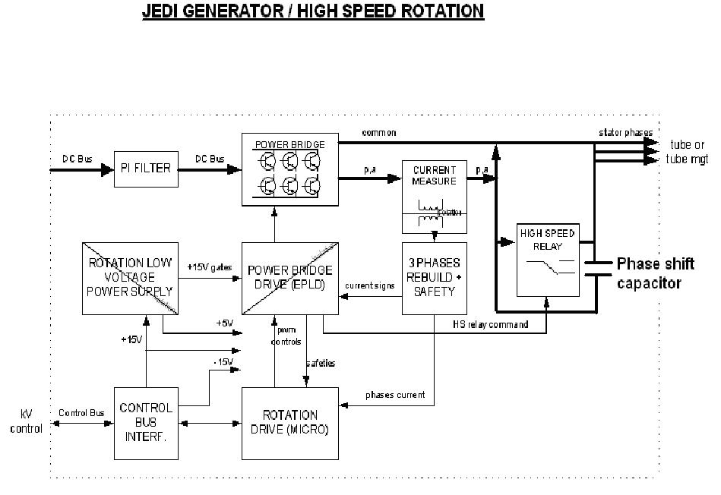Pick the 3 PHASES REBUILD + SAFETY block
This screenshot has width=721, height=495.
point(434,278)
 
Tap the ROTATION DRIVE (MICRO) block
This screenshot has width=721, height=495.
point(289,423)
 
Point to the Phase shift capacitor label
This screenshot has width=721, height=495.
point(655,273)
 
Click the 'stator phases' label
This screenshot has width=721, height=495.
point(625,133)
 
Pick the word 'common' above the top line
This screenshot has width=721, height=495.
point(378,133)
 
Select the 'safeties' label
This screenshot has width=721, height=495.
point(320,364)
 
